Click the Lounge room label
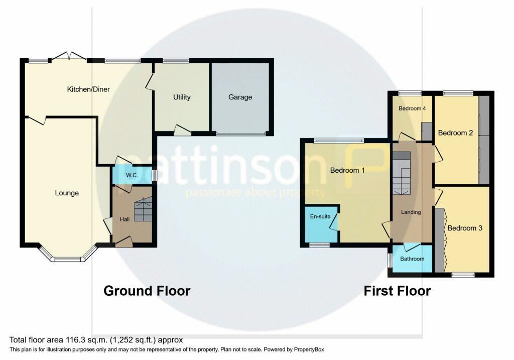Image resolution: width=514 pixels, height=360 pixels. point(67,193)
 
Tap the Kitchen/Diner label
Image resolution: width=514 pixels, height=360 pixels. point(89,89)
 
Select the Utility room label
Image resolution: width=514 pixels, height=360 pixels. point(182,97)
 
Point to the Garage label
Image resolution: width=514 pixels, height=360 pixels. point(240,97)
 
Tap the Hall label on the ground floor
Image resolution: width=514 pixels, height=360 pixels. point(124,219)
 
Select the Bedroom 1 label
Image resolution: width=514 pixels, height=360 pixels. point(347,170)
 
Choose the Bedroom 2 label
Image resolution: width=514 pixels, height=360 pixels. point(456,133)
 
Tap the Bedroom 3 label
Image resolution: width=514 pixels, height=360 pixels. point(465,228)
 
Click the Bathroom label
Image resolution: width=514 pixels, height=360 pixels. point(412,259)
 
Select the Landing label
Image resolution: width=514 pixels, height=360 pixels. point(411,212)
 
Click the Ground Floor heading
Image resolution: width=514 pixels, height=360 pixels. point(147,291)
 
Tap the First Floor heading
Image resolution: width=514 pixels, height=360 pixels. point(397,291)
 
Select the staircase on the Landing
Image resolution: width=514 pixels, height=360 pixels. point(402,173)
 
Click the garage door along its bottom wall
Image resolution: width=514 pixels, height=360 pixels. point(241,134)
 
